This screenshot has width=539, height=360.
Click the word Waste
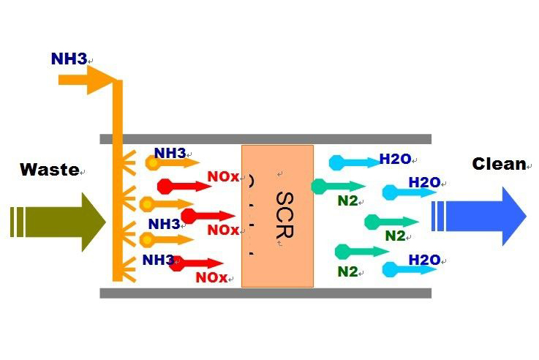tap(49, 170)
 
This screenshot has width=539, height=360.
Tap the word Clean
tap(499, 164)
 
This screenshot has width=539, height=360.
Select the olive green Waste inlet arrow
tap(59, 222)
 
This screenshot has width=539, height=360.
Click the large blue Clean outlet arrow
tap(478, 216)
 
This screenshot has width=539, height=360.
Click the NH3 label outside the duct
tap(69, 59)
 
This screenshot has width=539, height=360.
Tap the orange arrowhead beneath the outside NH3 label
tap(99, 80)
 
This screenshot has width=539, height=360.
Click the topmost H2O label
tap(395, 158)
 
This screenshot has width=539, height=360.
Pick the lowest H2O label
tap(424, 260)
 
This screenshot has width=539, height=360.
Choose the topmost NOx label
tap(222, 177)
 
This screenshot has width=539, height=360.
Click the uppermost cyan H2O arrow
tap(351, 163)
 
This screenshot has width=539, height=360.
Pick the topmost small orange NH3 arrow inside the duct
tap(172, 163)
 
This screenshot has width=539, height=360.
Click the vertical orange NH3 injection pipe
tap(117, 183)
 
